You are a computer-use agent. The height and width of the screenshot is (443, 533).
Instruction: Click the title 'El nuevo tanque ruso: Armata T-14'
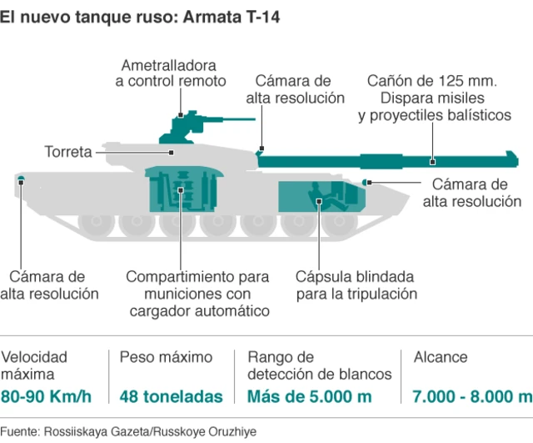(x=140, y=17)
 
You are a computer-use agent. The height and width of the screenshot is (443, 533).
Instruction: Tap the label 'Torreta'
(x=68, y=152)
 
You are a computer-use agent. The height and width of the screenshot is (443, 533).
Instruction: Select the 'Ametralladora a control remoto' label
(x=170, y=73)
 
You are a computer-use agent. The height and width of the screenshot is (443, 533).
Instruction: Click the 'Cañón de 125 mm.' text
(x=432, y=81)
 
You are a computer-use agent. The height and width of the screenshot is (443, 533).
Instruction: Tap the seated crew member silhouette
(x=326, y=197)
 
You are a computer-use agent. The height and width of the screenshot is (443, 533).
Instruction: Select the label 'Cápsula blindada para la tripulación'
(x=356, y=285)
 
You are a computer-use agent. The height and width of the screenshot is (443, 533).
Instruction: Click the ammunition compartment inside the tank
(x=183, y=189)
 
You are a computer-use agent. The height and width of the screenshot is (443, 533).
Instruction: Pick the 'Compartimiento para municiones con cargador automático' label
(x=198, y=294)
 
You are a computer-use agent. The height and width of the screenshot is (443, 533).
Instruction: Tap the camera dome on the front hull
(x=365, y=182)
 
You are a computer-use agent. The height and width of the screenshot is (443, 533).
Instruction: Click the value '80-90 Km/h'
(x=47, y=396)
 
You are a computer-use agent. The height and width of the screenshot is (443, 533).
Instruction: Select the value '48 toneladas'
(x=171, y=396)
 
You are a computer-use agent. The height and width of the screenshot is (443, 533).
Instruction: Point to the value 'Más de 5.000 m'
(x=309, y=396)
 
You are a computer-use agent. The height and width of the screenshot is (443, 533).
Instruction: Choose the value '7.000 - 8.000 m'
(x=472, y=396)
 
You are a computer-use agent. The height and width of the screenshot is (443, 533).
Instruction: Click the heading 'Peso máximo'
(x=166, y=357)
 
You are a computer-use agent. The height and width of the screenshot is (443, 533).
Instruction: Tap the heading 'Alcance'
(x=441, y=357)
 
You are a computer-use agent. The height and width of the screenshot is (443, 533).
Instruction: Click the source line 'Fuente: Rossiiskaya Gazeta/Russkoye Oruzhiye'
(x=128, y=431)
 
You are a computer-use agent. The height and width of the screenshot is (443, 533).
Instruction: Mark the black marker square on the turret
(x=172, y=153)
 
